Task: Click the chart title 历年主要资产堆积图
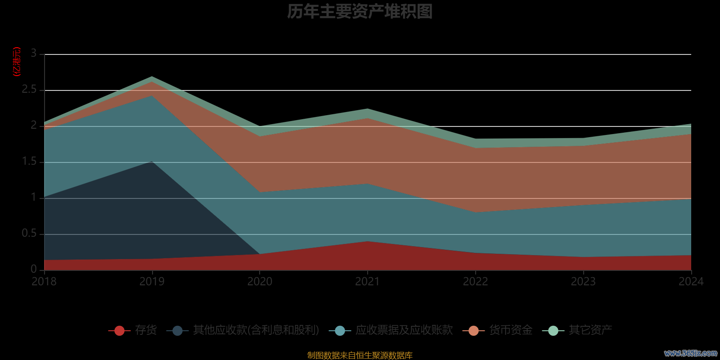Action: pyautogui.click(x=360, y=12)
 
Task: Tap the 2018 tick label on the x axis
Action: pyautogui.click(x=44, y=282)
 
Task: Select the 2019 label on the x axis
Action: pyautogui.click(x=152, y=282)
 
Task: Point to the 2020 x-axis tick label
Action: pyautogui.click(x=260, y=282)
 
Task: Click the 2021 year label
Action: pyautogui.click(x=368, y=282)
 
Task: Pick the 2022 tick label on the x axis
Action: pyautogui.click(x=476, y=282)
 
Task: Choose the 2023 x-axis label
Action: pyautogui.click(x=583, y=282)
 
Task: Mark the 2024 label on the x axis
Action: pyautogui.click(x=691, y=282)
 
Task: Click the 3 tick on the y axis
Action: pyautogui.click(x=34, y=54)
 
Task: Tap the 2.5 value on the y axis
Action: pyautogui.click(x=29, y=90)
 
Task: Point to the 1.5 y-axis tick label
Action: pyautogui.click(x=29, y=162)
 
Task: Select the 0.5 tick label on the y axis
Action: pyautogui.click(x=29, y=234)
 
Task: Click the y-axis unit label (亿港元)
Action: pyautogui.click(x=17, y=62)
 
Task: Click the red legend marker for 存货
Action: pyautogui.click(x=119, y=331)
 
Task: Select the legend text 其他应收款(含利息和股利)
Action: pyautogui.click(x=256, y=330)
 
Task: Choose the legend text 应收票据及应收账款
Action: pyautogui.click(x=404, y=330)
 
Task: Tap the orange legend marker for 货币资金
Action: pyautogui.click(x=473, y=331)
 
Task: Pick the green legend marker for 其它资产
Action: pyautogui.click(x=553, y=331)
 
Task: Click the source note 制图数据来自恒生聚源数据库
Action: pyautogui.click(x=360, y=355)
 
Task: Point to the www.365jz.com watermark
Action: pyautogui.click(x=691, y=353)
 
